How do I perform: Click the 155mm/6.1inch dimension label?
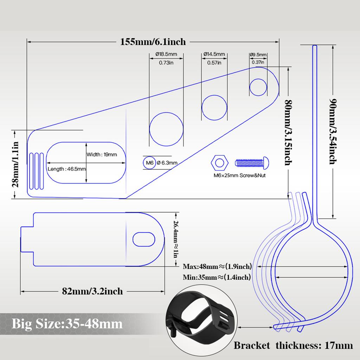tap(153, 42)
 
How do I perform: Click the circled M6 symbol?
tap(149, 162)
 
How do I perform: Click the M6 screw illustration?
tap(252, 163)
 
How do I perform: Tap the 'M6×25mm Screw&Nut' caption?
tap(239, 175)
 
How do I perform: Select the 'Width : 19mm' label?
tap(102, 155)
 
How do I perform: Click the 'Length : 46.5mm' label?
tap(66, 169)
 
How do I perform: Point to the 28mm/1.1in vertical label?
tap(15, 165)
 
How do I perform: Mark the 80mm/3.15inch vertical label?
tap(288, 133)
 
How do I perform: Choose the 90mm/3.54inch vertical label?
tap(333, 131)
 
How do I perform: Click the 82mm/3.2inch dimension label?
tap(92, 291)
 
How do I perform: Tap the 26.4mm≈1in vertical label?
tap(176, 239)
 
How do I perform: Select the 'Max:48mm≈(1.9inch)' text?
tap(217, 266)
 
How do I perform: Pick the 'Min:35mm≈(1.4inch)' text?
tap(217, 277)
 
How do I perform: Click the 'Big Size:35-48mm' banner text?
tap(67, 324)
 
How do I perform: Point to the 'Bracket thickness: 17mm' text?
tap(293, 345)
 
